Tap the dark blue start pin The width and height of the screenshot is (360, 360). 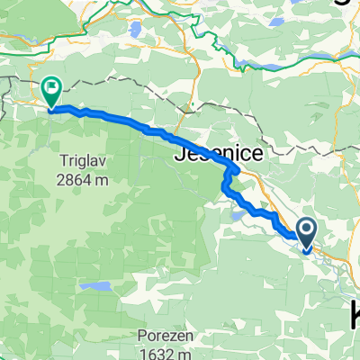[x=307, y=236]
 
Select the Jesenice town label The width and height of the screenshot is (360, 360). [x=217, y=155]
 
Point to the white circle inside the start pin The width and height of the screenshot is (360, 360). [x=307, y=231]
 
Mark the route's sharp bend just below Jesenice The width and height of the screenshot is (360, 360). [x=236, y=169]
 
